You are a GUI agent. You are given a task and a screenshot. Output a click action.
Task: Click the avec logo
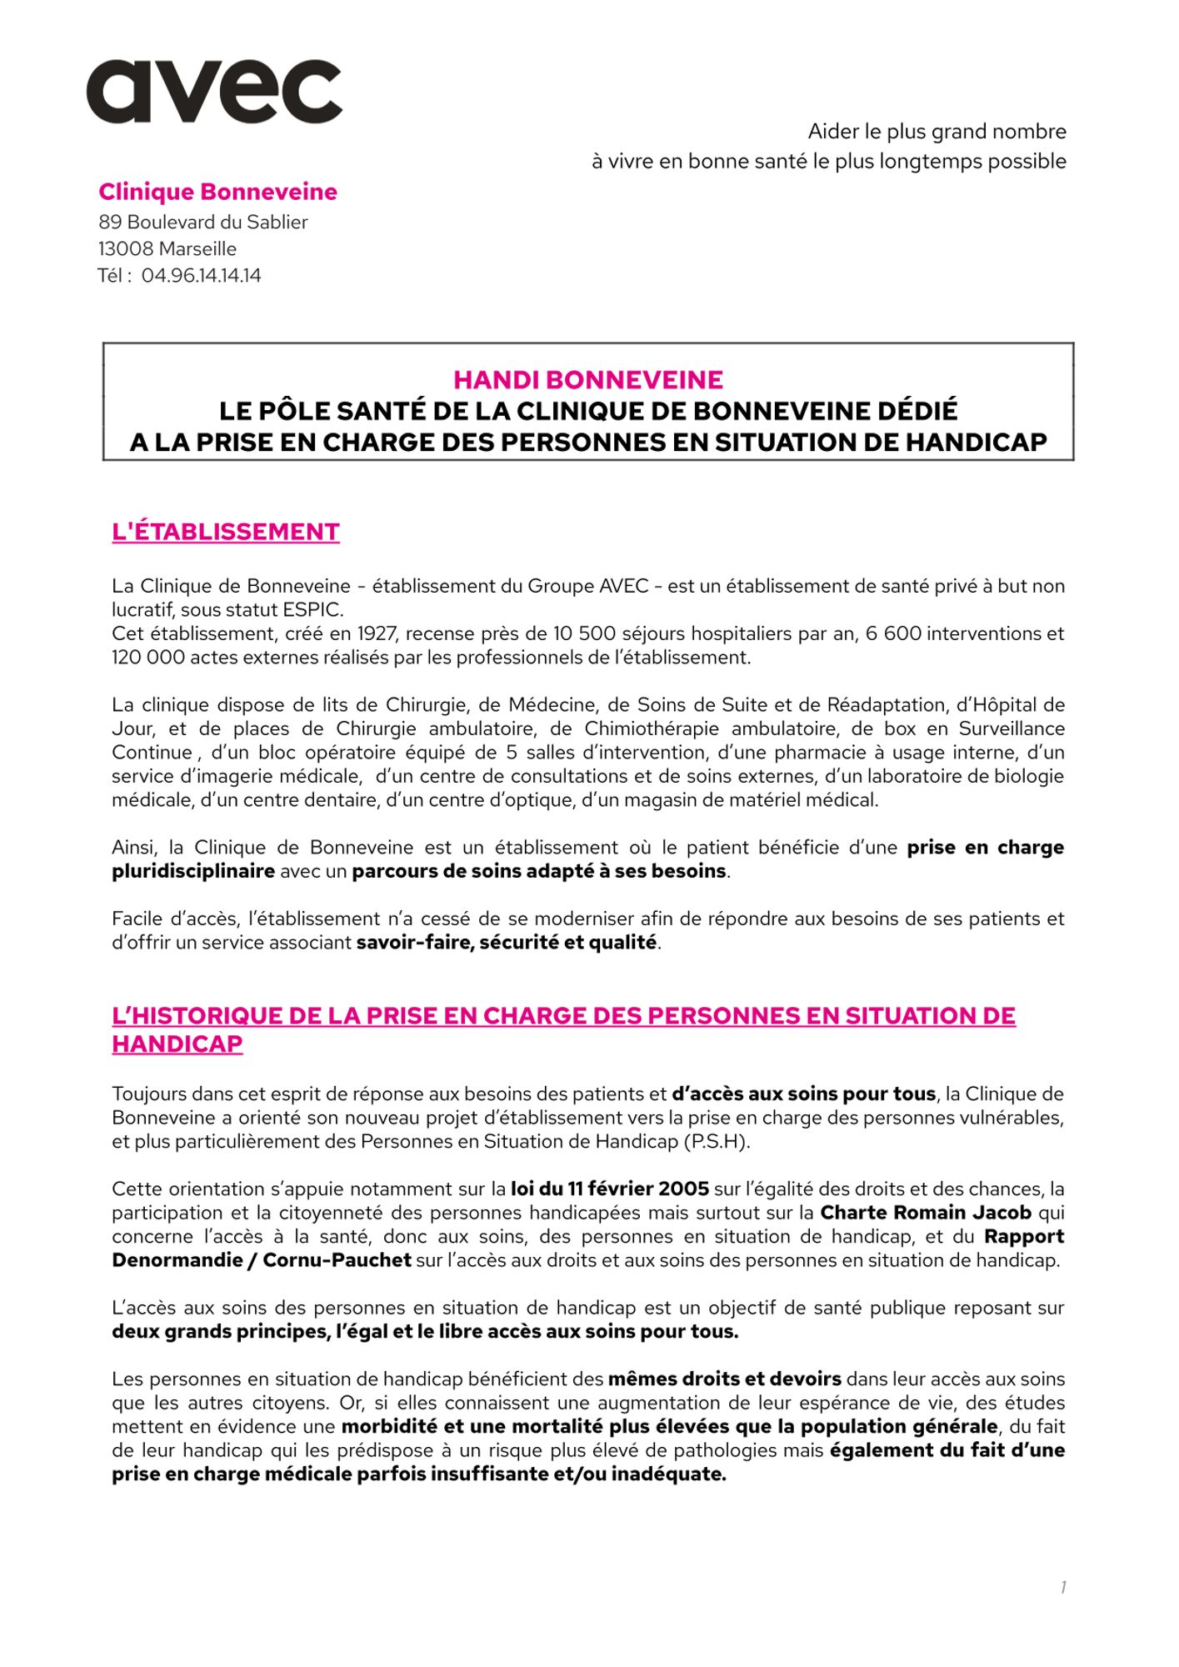point(214,92)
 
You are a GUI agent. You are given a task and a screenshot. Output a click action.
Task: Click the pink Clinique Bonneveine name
point(217,192)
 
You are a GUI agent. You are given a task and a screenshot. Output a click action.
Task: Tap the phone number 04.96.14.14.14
point(201,275)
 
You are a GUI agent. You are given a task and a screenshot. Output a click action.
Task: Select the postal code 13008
point(126,248)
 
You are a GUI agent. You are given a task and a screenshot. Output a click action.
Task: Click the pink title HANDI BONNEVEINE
point(588,380)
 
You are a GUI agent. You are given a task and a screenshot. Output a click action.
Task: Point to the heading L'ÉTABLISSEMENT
point(226,532)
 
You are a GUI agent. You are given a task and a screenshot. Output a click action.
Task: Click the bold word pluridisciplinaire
point(193,872)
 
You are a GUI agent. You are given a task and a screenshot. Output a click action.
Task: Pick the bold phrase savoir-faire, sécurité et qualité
point(507,944)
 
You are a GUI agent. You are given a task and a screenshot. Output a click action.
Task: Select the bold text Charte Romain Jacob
point(926,1212)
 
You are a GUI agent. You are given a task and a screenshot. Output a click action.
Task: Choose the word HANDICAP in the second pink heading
point(177,1044)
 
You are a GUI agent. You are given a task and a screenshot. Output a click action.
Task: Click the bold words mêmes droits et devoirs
point(724,1379)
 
